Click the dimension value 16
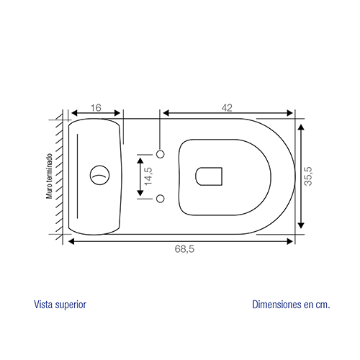point(96,108)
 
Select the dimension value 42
point(227,108)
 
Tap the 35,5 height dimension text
point(308,176)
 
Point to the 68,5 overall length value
point(184,249)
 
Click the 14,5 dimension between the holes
point(148,176)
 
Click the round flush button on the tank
point(99,175)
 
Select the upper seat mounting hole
point(161,154)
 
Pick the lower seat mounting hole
point(161,199)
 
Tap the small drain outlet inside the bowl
point(209,176)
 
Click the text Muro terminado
point(50,176)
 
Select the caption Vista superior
point(60,305)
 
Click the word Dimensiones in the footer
point(276,305)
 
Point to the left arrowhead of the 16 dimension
point(74,113)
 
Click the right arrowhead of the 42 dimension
point(289,113)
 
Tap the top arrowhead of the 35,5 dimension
point(301,127)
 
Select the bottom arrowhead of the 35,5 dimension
point(301,225)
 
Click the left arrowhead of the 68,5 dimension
point(71,241)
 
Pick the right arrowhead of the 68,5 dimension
point(290,241)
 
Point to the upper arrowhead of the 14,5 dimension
point(140,161)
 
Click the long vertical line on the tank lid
point(77,176)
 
